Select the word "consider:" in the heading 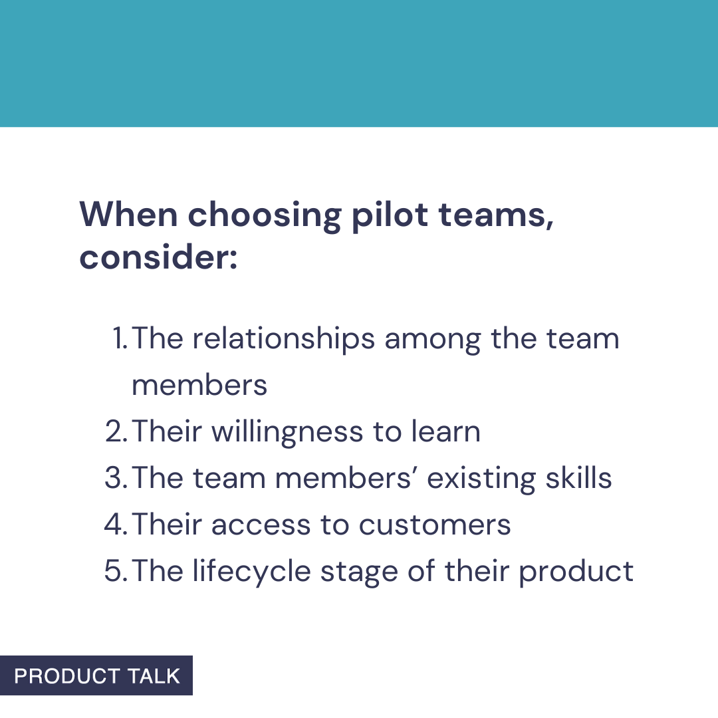pyautogui.click(x=158, y=258)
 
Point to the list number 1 pyautogui.click(x=120, y=339)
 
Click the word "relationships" pyautogui.click(x=284, y=339)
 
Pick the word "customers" pyautogui.click(x=435, y=525)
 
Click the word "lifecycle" pyautogui.click(x=252, y=572)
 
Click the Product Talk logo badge pyautogui.click(x=96, y=675)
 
